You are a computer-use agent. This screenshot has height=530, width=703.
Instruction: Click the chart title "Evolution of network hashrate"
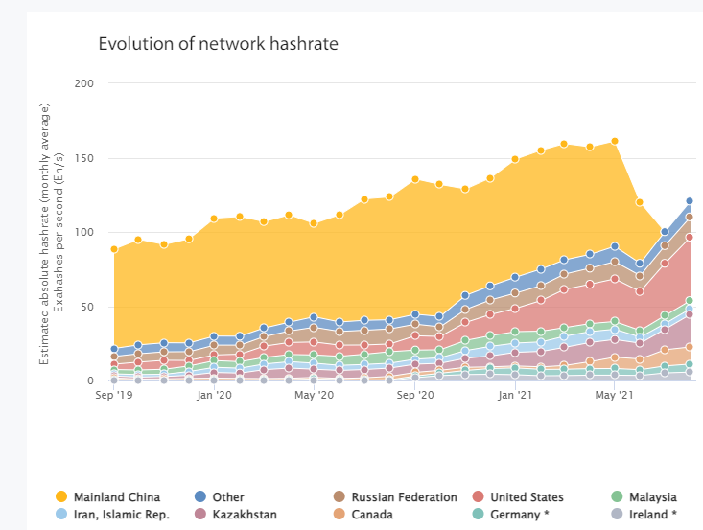click(218, 44)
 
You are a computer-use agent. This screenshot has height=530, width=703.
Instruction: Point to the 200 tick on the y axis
click(83, 83)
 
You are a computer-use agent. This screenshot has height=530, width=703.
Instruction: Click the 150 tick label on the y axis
click(83, 158)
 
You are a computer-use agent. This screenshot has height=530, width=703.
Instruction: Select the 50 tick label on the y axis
click(87, 307)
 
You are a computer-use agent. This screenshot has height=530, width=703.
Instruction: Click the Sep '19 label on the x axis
click(113, 394)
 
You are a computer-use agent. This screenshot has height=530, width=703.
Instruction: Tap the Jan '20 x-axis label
click(214, 394)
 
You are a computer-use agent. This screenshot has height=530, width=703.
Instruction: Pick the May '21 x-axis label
click(614, 394)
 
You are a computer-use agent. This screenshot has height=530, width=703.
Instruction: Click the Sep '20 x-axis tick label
click(414, 394)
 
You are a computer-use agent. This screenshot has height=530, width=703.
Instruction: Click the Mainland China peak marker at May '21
click(614, 141)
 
